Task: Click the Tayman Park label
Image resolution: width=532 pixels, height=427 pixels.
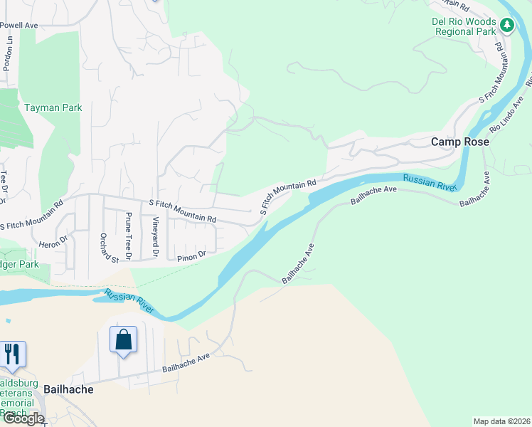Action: [53, 107]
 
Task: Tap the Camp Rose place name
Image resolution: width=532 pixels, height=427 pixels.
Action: [460, 142]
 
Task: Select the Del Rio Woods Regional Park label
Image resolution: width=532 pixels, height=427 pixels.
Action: [463, 27]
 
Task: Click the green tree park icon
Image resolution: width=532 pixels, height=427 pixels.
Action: [506, 26]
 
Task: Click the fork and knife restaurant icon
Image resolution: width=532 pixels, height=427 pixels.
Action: [13, 353]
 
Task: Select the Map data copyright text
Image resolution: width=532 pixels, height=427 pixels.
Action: [501, 421]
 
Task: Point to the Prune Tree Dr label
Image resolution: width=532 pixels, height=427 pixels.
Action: [129, 235]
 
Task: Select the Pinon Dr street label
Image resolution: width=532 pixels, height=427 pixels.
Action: [191, 253]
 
